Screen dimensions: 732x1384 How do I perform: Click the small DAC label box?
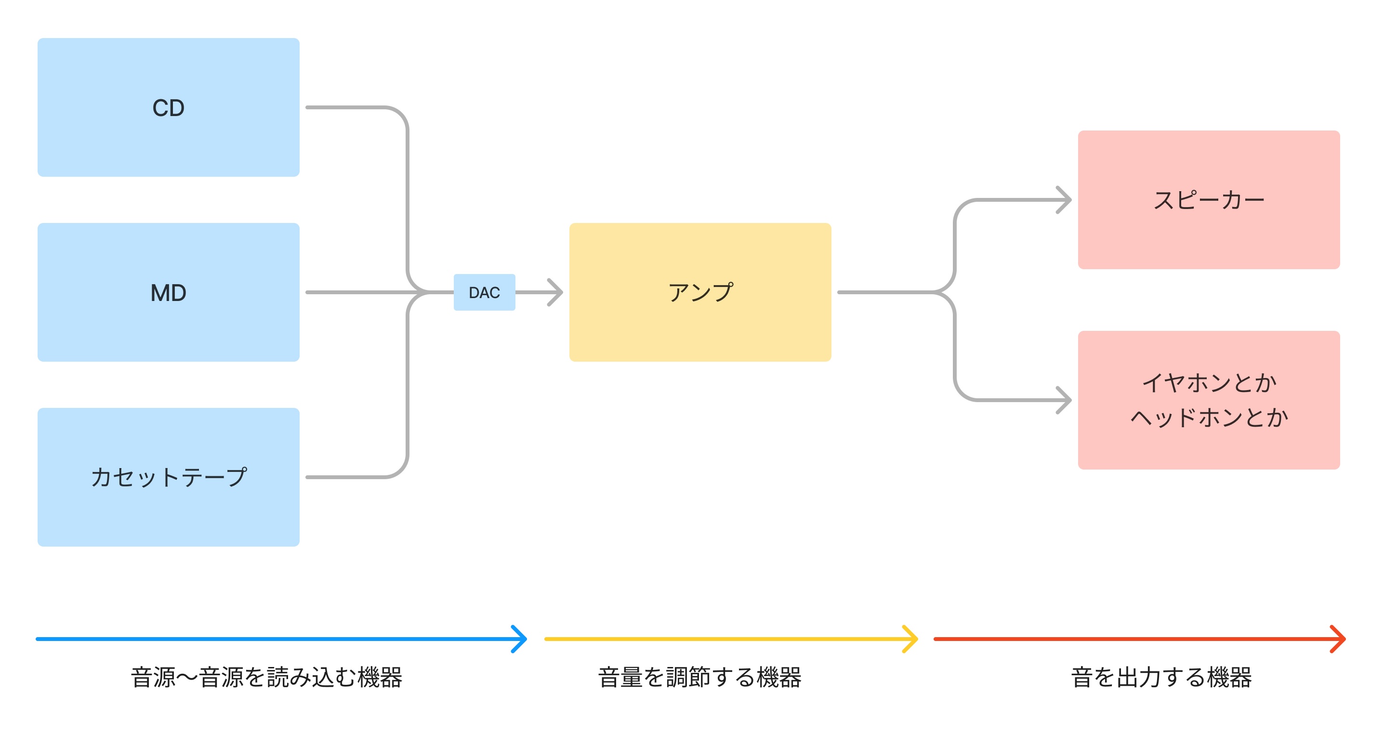coord(484,292)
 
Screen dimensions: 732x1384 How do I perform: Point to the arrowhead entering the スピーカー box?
coord(1067,200)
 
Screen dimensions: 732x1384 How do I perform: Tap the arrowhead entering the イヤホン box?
coord(1067,400)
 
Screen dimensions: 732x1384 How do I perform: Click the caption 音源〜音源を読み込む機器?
coord(266,677)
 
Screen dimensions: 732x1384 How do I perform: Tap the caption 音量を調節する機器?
coord(699,677)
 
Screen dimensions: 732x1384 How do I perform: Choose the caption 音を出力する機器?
coord(1161,677)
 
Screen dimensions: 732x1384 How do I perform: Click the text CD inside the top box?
coord(168,108)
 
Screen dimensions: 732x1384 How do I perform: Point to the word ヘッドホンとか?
coord(1209,418)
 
